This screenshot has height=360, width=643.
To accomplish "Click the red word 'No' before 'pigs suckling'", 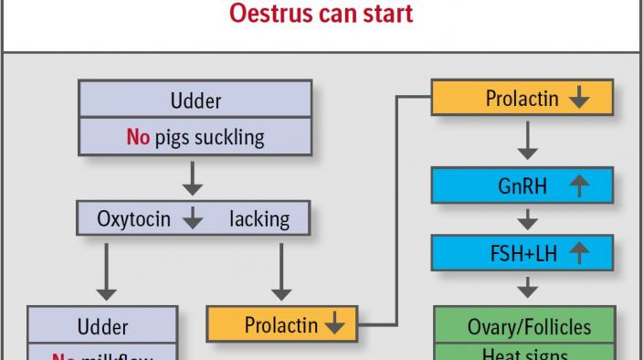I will coord(137,137).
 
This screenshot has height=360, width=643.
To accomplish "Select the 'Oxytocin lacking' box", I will coord(193,218).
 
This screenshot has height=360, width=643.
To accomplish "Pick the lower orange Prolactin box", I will coord(282,323).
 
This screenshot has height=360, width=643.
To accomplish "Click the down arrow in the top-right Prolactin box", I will coord(578,99).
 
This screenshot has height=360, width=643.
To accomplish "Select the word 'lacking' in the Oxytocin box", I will coord(258,218).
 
